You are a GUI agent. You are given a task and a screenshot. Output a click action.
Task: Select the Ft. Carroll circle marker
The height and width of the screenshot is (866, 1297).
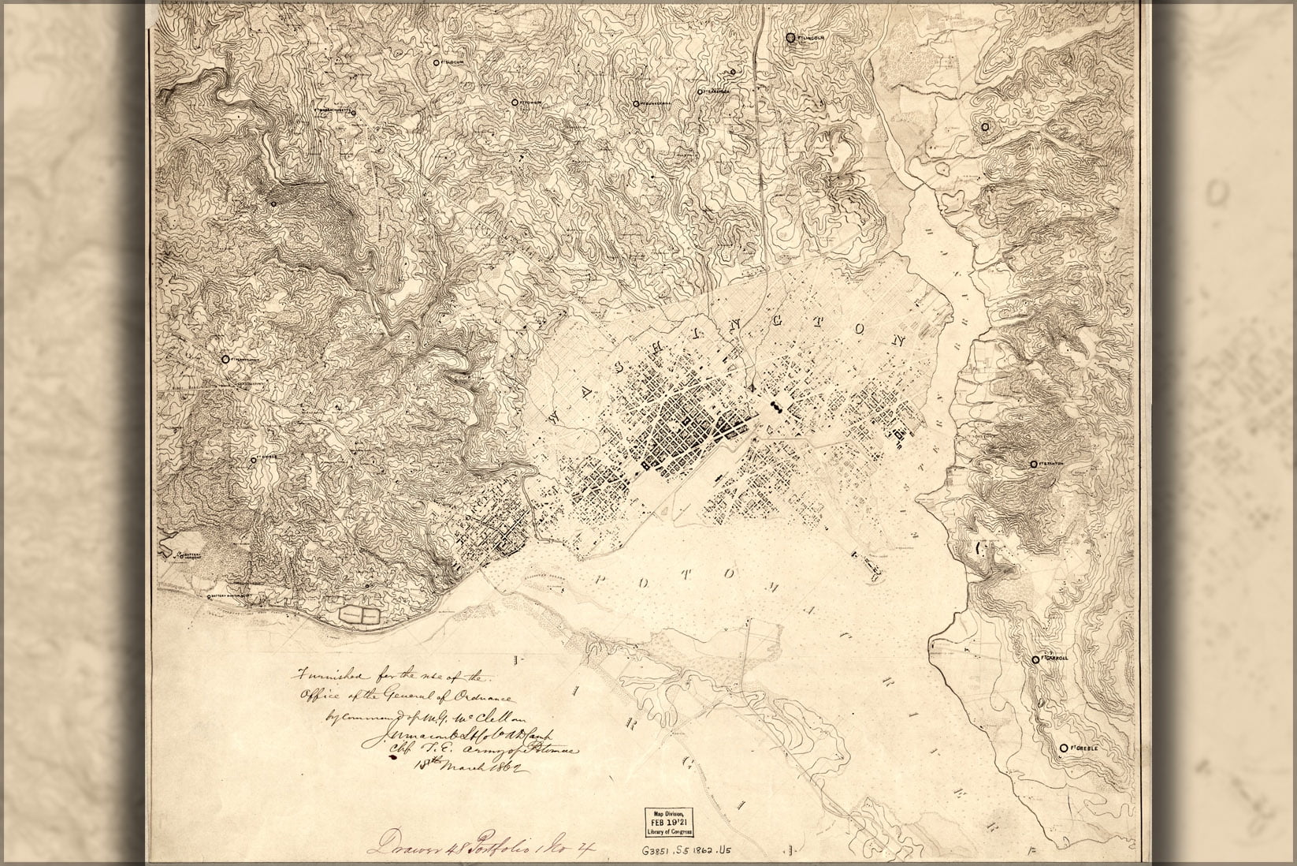(1035, 659)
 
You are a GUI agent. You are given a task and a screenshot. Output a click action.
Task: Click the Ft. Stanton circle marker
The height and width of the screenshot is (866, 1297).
(1033, 465)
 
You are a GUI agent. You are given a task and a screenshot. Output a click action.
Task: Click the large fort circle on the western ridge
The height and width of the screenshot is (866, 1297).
(225, 358)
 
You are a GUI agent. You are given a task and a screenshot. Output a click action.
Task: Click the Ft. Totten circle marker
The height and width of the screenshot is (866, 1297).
(514, 102)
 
